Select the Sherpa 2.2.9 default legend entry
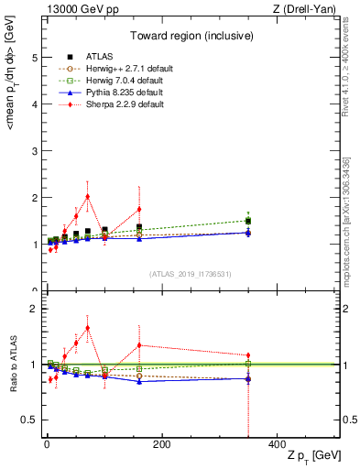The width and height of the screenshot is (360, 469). click(124, 104)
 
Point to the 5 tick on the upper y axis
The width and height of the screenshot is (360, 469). click(34, 57)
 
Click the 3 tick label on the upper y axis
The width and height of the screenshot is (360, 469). click(34, 150)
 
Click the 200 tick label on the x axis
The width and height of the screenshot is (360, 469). click(161, 445)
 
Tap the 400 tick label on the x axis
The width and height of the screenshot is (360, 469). click(277, 445)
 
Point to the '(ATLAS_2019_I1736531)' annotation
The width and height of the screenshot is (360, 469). click(191, 274)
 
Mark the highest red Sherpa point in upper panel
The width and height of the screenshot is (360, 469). click(87, 196)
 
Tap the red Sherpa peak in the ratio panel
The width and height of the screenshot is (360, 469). click(87, 328)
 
